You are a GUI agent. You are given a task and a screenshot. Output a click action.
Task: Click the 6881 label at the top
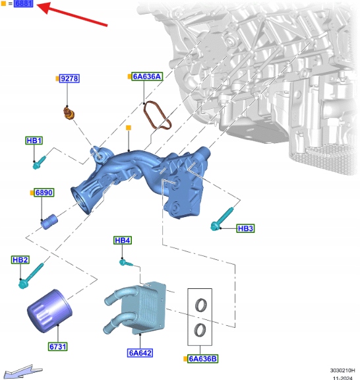click(23, 3)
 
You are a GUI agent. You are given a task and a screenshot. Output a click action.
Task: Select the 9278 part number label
click(69, 79)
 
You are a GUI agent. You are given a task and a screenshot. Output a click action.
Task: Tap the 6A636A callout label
click(147, 77)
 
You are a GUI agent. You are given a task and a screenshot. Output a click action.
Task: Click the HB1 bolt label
click(34, 141)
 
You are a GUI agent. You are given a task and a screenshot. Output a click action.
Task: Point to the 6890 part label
click(44, 193)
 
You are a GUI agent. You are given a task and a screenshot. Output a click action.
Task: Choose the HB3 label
click(245, 228)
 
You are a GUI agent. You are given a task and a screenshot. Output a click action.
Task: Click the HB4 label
click(123, 240)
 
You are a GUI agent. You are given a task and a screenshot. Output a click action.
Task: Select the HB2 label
click(20, 260)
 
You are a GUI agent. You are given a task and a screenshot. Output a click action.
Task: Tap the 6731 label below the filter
click(57, 346)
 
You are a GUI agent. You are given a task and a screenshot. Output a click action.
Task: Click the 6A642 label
click(140, 353)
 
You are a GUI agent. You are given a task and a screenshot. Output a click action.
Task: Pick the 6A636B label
click(203, 359)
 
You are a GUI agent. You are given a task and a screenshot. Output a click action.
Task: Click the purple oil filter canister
click(49, 311)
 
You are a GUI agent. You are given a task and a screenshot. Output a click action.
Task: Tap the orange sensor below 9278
click(69, 113)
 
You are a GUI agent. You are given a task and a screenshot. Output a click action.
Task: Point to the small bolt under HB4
click(126, 263)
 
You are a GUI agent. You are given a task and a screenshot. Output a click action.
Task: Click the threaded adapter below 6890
click(49, 222)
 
